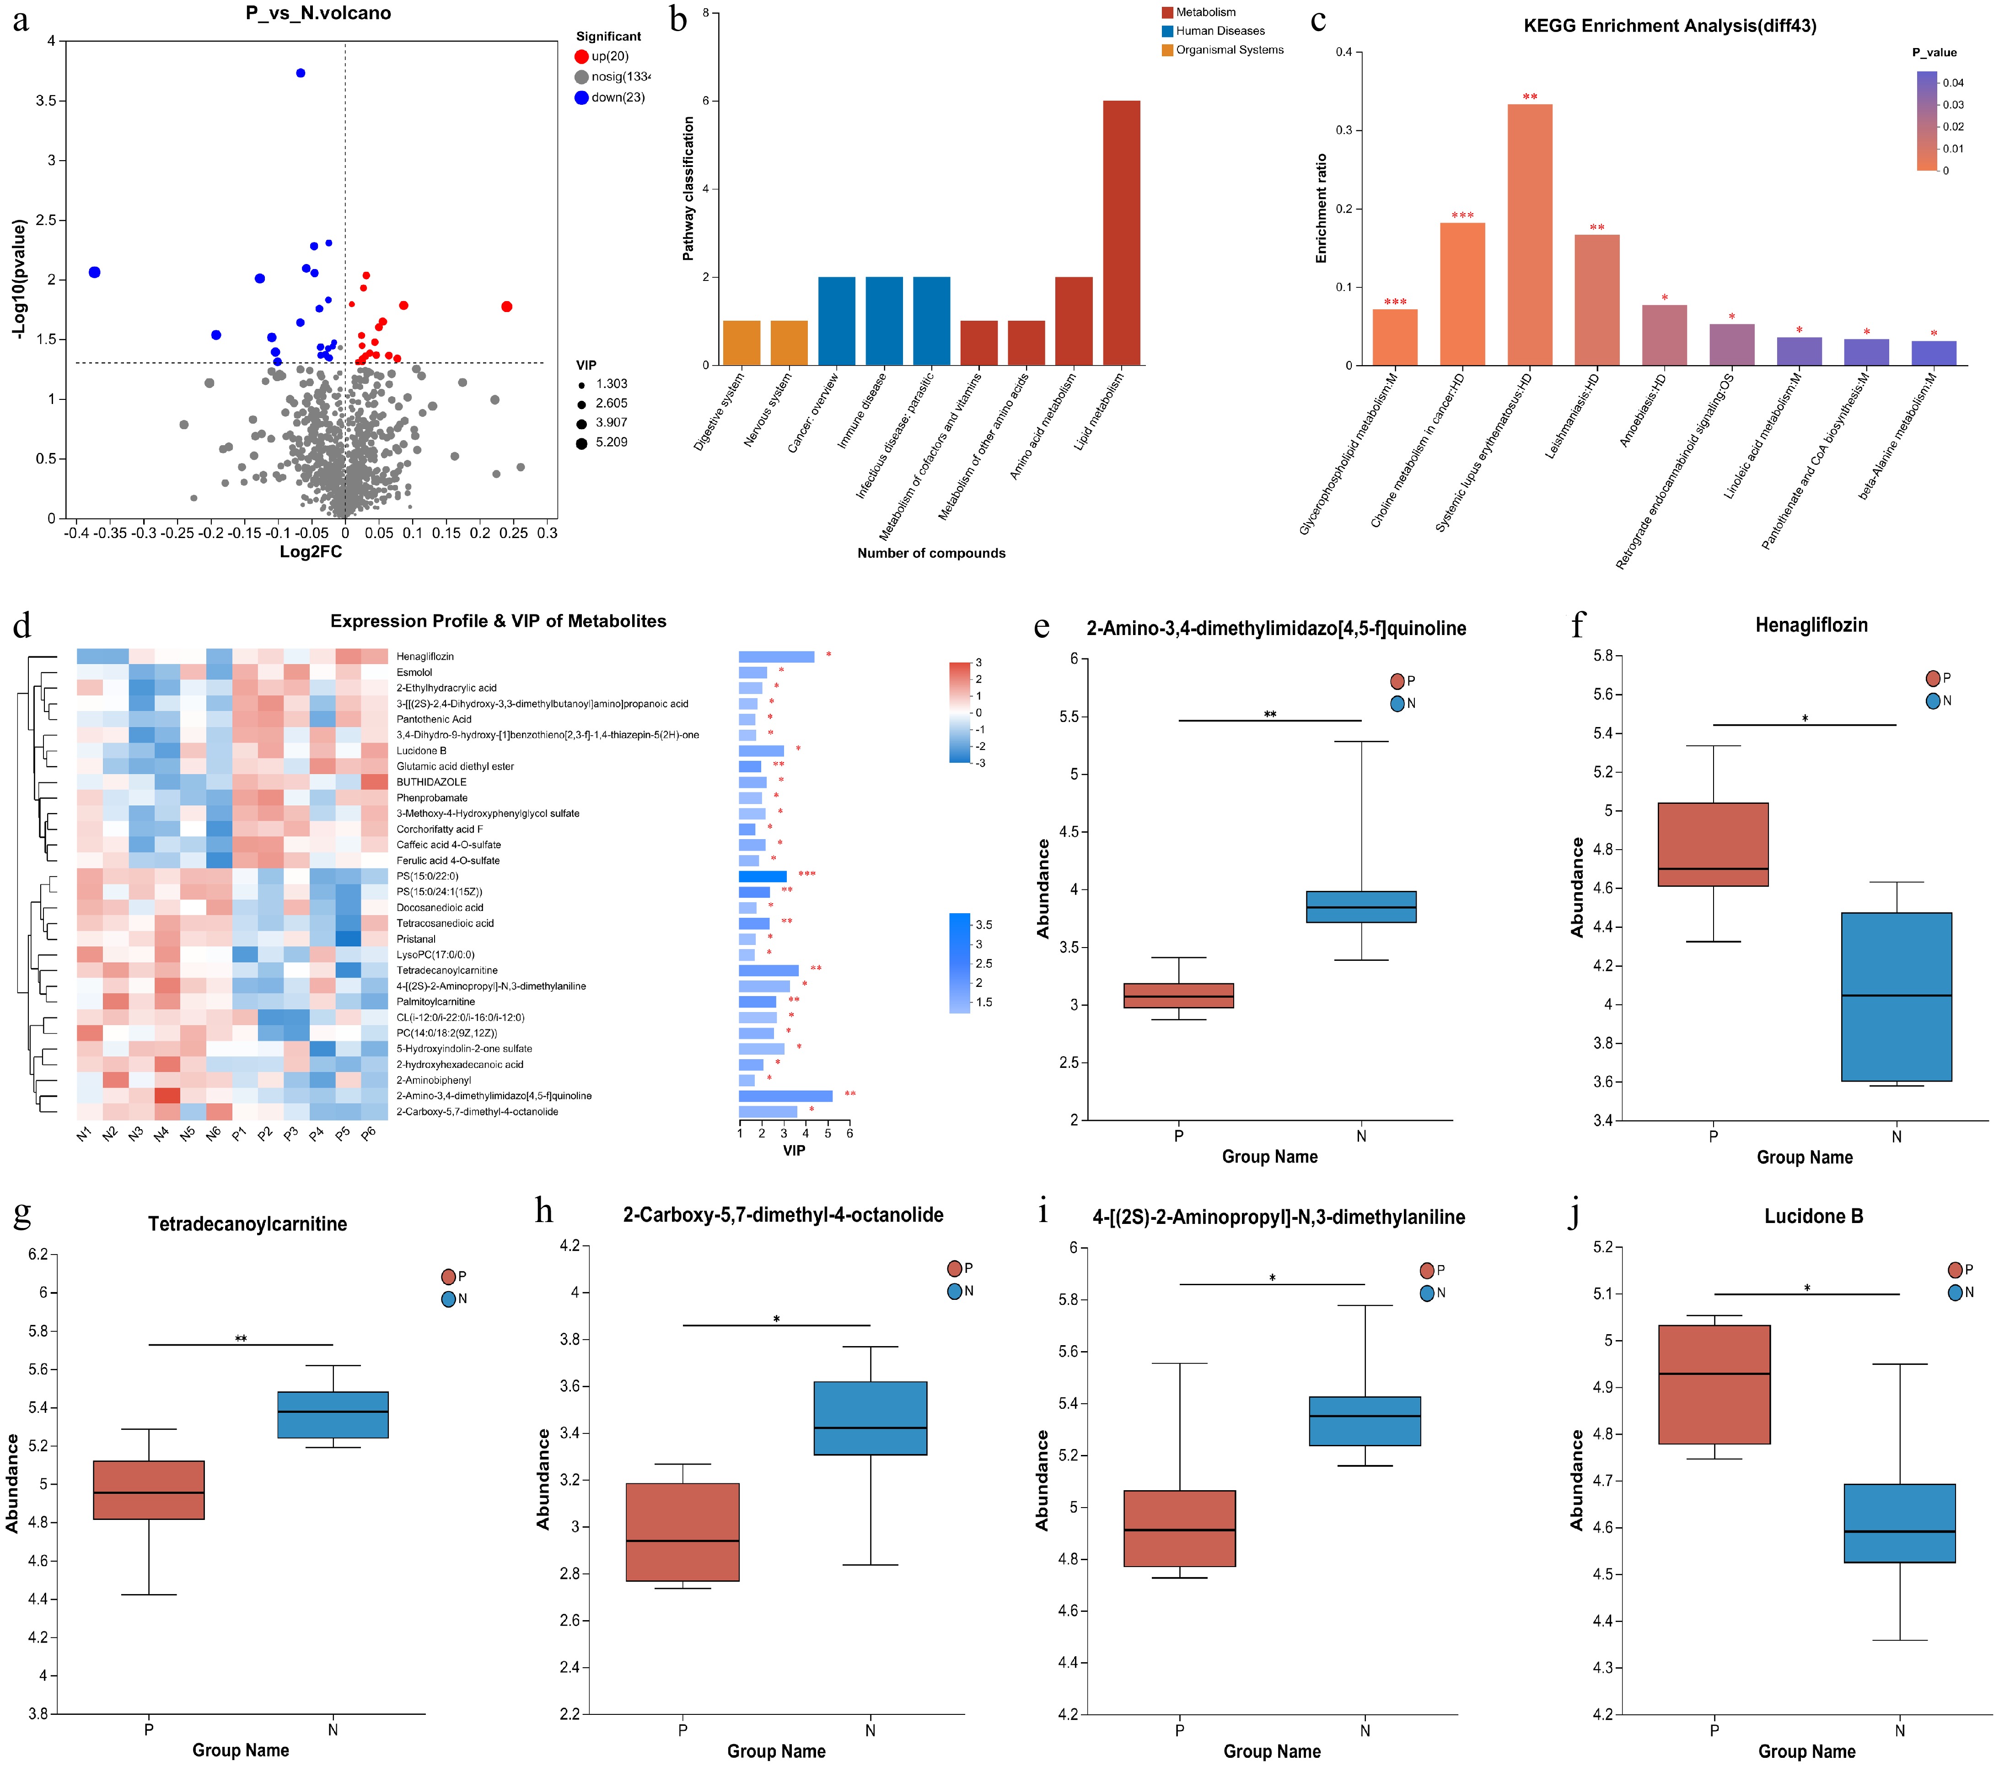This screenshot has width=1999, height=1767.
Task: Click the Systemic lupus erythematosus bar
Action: pos(1530,235)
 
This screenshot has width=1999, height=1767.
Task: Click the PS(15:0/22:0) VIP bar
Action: pos(763,876)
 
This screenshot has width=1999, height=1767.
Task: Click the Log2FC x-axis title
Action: pos(311,552)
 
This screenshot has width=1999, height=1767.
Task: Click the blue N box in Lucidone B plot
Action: pos(1899,1524)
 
